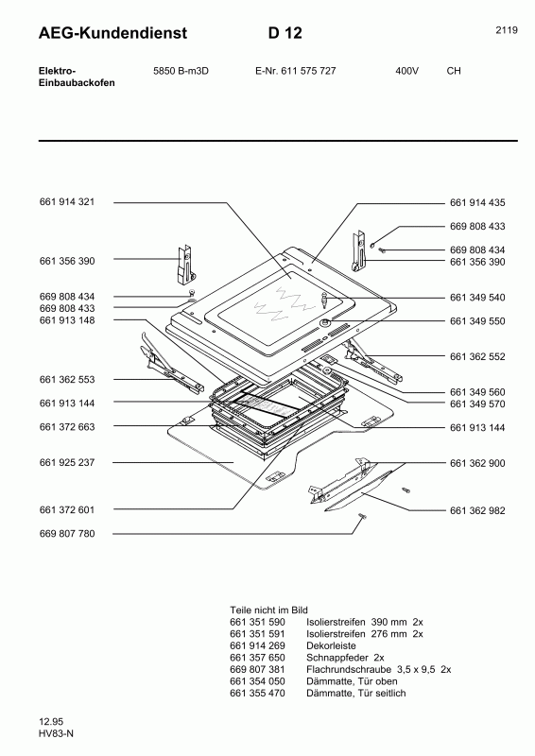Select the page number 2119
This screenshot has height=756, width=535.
pos(506,30)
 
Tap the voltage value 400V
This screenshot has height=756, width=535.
pos(406,71)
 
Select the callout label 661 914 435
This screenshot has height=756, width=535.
pos(478,203)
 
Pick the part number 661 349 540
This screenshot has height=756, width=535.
pos(478,298)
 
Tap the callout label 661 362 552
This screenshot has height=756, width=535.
pos(478,357)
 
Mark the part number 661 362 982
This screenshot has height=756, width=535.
pos(478,510)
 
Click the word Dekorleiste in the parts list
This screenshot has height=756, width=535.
pos(331,644)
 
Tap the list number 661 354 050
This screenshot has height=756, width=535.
pos(258,680)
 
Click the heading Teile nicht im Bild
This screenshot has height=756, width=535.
pos(269,610)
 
